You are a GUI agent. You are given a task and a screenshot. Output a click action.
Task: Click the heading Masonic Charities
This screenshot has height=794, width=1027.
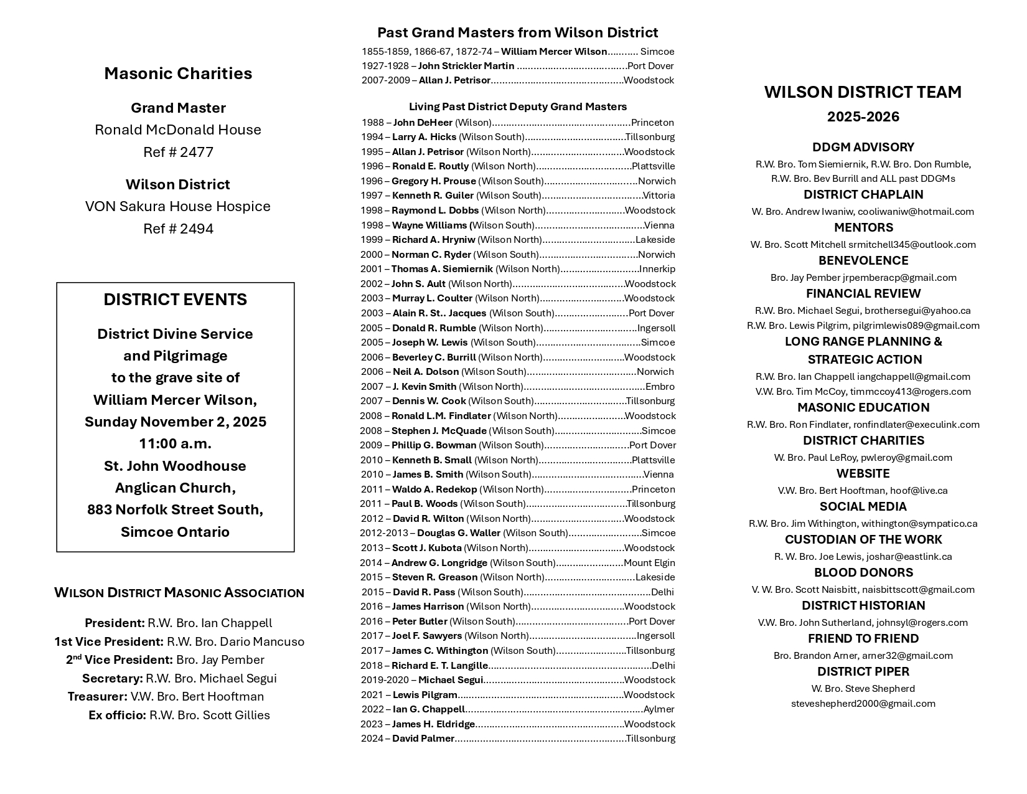tap(178, 73)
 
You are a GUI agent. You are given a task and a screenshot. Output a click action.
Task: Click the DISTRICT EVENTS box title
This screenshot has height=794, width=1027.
tap(175, 300)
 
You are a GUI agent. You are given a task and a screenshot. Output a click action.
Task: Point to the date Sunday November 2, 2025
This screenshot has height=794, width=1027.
tap(175, 422)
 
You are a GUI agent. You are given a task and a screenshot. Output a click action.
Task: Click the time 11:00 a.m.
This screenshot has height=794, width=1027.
tap(175, 443)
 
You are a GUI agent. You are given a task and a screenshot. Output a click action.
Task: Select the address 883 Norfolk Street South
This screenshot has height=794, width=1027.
tap(175, 509)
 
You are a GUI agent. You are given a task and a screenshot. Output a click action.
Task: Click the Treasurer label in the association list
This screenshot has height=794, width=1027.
tap(97, 696)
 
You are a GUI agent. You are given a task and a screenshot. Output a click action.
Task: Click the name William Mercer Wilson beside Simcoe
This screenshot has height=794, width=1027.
tap(554, 52)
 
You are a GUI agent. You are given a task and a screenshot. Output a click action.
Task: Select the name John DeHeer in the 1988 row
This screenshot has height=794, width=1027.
tap(423, 123)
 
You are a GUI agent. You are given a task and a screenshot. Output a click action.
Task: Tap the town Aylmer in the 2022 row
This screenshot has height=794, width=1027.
tap(659, 709)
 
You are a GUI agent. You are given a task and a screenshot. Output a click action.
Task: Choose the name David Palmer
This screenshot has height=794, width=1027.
tap(423, 739)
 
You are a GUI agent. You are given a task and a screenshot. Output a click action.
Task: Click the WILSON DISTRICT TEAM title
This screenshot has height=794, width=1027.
tap(863, 92)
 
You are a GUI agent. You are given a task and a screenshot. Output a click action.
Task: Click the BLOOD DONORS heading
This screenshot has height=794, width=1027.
tap(863, 572)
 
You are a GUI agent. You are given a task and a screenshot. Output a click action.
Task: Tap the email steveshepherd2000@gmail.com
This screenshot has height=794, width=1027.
tap(863, 704)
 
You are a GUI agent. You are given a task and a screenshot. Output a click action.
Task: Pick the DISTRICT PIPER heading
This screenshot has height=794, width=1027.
tap(863, 671)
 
